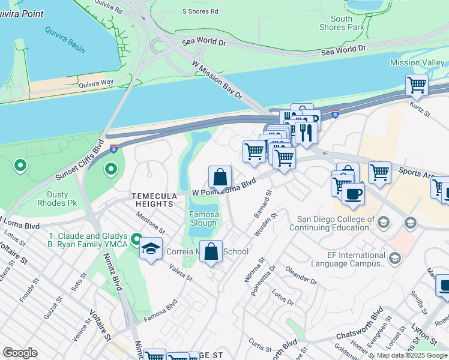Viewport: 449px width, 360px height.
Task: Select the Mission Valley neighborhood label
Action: pyautogui.click(x=417, y=62)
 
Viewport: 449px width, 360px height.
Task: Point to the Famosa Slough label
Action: pyautogui.click(x=203, y=218)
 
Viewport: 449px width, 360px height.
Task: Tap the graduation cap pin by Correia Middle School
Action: pyautogui.click(x=151, y=247)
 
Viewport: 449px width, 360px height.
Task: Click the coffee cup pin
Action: pyautogui.click(x=353, y=194)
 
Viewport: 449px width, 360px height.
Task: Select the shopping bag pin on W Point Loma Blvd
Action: pyautogui.click(x=220, y=177)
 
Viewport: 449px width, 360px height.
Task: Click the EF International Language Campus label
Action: pyautogui.click(x=349, y=259)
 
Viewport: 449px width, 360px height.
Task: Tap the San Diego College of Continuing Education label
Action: pyautogui.click(x=332, y=223)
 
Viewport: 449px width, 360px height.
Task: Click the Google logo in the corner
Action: pyautogui.click(x=20, y=353)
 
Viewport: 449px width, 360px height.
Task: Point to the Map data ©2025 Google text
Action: pyautogui.click(x=412, y=355)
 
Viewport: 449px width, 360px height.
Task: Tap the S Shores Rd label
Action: pyautogui.click(x=199, y=11)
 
